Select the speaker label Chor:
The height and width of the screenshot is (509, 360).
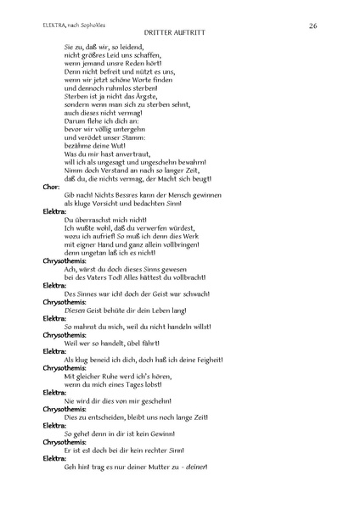pos(51,186)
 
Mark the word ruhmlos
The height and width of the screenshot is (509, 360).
pos(118,87)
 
